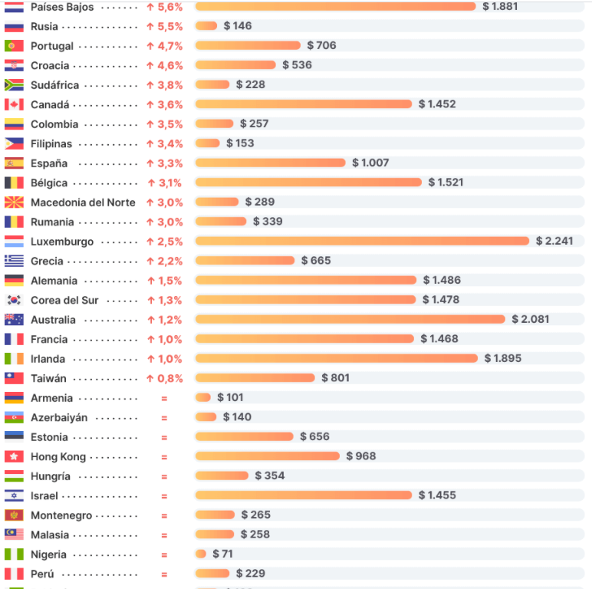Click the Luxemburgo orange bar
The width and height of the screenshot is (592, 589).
click(362, 241)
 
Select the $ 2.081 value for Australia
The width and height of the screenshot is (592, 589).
click(531, 319)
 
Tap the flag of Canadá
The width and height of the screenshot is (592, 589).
click(14, 104)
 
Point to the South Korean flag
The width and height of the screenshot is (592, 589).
click(14, 300)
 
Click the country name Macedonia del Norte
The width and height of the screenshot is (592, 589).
click(83, 202)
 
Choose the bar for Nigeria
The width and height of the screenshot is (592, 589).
click(201, 554)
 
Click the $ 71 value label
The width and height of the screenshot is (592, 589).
click(223, 554)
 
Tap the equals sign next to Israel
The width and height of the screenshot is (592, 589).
click(164, 496)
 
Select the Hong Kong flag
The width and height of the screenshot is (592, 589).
click(14, 456)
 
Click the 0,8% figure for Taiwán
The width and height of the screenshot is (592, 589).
click(170, 378)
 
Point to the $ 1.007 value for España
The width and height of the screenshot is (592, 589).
click(370, 163)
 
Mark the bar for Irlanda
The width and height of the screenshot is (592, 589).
click(336, 358)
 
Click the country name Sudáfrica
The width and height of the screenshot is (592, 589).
click(54, 85)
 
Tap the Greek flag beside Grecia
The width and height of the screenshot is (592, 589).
click(14, 261)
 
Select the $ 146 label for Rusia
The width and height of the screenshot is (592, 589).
click(238, 26)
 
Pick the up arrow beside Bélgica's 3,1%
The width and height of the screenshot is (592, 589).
click(151, 183)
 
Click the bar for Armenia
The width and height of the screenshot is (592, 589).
click(202, 397)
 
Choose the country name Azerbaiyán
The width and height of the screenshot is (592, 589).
click(59, 418)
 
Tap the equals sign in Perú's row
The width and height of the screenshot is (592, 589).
click(164, 574)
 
